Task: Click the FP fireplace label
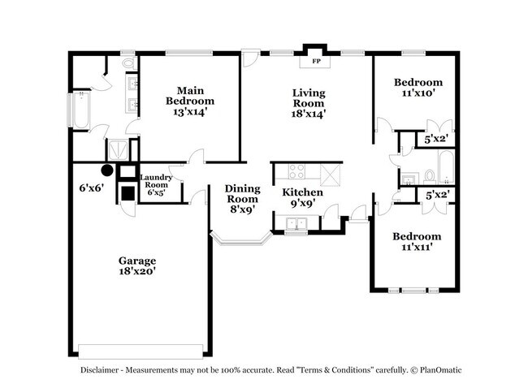315,61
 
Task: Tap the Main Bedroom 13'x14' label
190,101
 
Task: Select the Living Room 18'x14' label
309,103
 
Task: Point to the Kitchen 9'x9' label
303,198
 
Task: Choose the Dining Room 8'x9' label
241,198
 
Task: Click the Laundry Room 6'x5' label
155,184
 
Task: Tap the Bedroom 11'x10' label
418,88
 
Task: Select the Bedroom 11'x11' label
417,242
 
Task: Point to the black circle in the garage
106,170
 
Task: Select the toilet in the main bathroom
128,63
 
